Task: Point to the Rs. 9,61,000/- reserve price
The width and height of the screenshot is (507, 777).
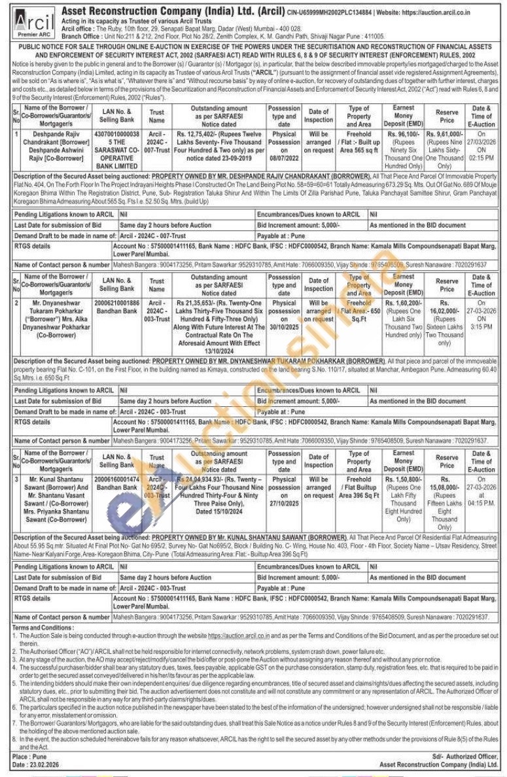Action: coord(447,133)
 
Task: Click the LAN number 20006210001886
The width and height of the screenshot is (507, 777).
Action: coord(117,303)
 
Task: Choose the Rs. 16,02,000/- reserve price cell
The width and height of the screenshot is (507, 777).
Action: coord(447,313)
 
